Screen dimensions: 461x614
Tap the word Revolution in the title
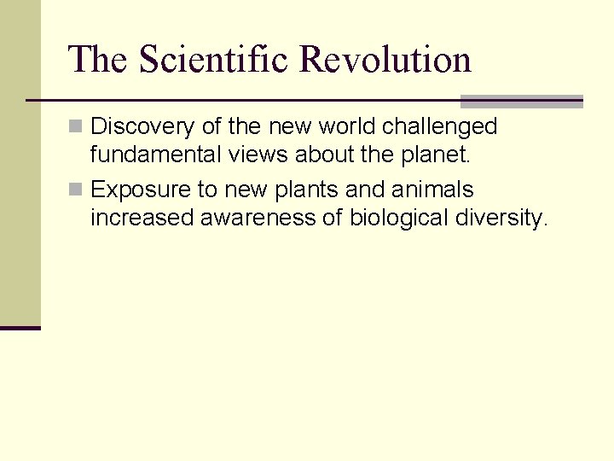click(385, 60)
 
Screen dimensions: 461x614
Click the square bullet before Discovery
click(76, 127)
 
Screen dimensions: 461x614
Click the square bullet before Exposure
click(76, 190)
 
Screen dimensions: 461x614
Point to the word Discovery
click(143, 127)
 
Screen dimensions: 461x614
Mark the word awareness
click(258, 218)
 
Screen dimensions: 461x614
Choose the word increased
click(142, 218)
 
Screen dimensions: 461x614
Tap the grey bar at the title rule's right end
click(522, 102)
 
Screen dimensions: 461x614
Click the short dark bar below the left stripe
click(20, 328)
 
